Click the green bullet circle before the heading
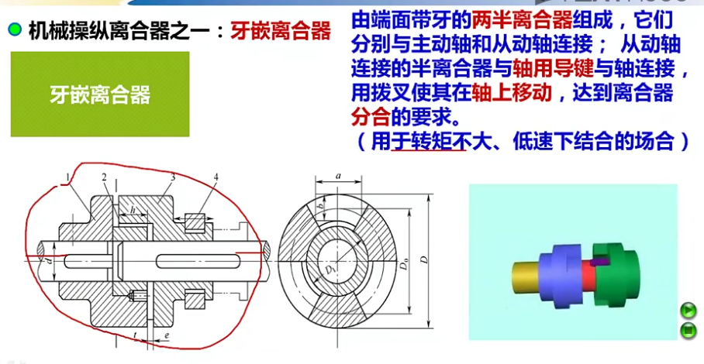point(15,30)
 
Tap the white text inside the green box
point(100,94)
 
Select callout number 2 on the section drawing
point(105,177)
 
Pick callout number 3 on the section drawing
point(172,177)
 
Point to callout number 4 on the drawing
point(216,177)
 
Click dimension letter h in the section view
point(133,209)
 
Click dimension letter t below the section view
point(135,335)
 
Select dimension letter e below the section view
point(167,335)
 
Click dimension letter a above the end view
point(338,177)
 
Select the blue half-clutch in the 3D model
point(560,277)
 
